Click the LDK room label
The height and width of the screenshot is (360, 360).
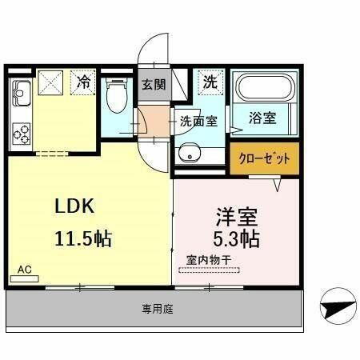click(x=75, y=206)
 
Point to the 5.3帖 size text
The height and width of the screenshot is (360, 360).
click(x=235, y=238)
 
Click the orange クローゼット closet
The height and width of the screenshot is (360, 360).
click(x=265, y=158)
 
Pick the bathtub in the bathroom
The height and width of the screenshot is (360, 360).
click(x=264, y=88)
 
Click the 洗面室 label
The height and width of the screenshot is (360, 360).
click(x=198, y=122)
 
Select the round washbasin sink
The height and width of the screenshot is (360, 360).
click(x=189, y=154)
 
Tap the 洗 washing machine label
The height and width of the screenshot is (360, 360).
click(x=209, y=81)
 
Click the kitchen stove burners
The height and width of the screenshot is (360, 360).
click(x=21, y=133)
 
